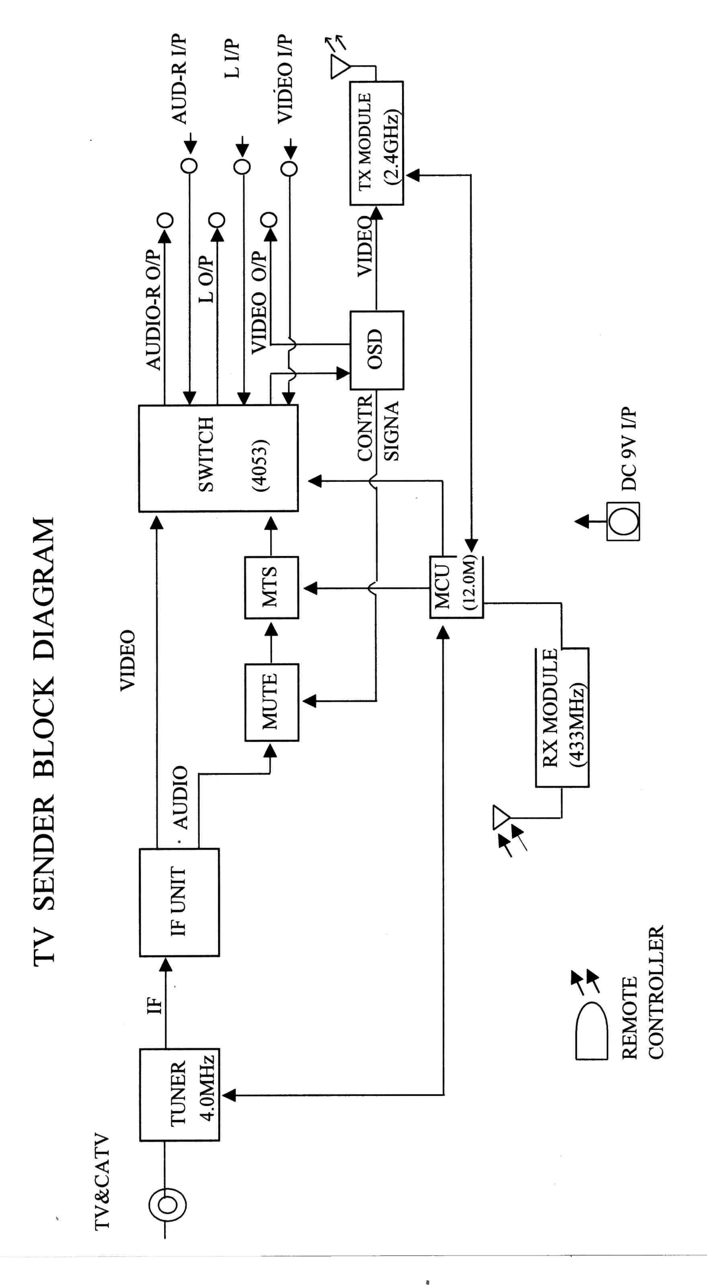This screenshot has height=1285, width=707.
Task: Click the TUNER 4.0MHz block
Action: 179,1095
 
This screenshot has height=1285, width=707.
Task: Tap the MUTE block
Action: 271,702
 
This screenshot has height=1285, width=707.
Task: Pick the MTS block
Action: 271,588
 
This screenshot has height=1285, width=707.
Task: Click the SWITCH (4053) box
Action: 218,458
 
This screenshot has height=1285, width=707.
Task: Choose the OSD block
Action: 377,350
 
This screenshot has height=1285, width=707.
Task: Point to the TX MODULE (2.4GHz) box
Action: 377,143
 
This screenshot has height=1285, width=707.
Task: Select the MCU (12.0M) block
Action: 456,587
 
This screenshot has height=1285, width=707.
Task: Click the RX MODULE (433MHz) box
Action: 562,718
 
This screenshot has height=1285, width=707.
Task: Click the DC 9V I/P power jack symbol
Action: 623,522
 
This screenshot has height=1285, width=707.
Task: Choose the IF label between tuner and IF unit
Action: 155,1005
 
